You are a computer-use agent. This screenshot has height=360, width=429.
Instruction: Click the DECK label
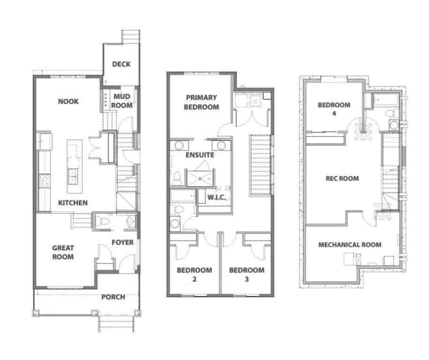[121, 64]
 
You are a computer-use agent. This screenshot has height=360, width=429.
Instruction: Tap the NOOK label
[68, 101]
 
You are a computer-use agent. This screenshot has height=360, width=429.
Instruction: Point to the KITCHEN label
[73, 203]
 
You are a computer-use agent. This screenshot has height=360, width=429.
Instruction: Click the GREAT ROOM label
[63, 252]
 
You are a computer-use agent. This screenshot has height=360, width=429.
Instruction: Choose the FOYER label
[122, 242]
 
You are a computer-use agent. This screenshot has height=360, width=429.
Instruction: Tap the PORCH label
[113, 297]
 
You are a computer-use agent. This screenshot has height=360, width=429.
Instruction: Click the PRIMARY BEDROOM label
[202, 102]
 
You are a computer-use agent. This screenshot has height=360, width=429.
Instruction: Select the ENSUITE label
[200, 155]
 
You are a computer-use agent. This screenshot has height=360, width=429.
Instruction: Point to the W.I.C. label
[217, 197]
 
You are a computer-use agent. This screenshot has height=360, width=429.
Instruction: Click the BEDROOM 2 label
[194, 274]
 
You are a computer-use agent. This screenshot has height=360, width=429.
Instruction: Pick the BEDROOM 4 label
[334, 109]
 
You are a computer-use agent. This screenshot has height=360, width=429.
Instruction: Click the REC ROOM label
[342, 178]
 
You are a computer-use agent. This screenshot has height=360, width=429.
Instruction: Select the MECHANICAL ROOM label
[350, 244]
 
